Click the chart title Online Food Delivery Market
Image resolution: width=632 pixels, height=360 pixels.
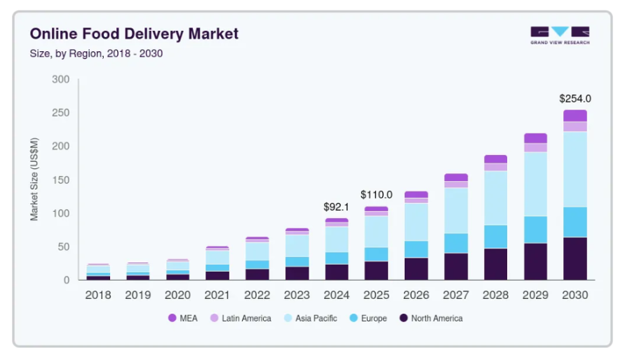click(x=134, y=34)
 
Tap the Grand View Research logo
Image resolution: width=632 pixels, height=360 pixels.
click(x=560, y=35)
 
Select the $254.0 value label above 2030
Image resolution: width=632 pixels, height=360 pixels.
click(x=574, y=99)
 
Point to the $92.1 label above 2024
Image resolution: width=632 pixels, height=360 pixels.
click(x=336, y=207)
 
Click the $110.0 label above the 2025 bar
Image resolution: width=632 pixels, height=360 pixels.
click(x=377, y=194)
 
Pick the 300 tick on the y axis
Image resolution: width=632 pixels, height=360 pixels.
click(x=60, y=79)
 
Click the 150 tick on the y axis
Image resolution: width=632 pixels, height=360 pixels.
click(x=60, y=180)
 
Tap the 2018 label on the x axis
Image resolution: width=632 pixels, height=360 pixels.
click(x=98, y=295)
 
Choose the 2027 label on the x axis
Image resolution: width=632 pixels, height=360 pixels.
click(x=456, y=295)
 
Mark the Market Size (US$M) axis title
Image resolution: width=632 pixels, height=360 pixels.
click(x=34, y=180)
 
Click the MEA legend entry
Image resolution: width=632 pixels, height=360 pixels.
click(x=183, y=319)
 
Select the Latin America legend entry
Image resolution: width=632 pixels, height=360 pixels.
click(x=240, y=319)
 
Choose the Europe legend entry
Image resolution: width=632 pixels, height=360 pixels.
click(x=369, y=319)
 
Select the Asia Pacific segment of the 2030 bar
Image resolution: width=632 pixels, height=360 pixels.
click(x=575, y=169)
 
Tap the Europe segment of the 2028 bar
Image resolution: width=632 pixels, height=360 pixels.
click(x=495, y=236)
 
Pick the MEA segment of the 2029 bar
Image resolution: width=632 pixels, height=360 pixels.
click(x=535, y=138)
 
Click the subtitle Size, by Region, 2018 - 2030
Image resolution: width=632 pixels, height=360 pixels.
click(x=96, y=53)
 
